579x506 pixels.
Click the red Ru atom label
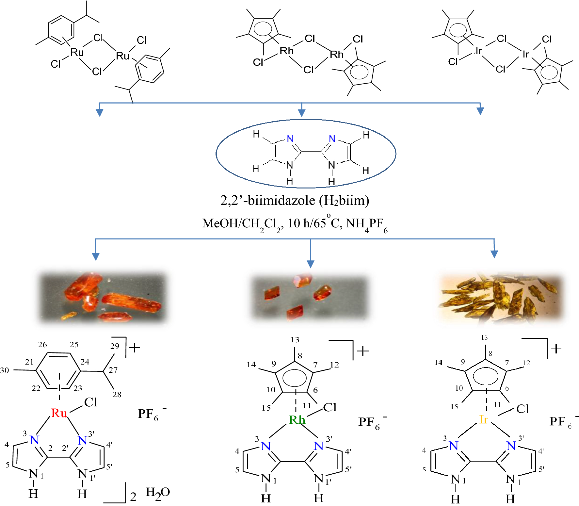pyautogui.click(x=59, y=413)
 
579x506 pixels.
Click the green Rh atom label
pyautogui.click(x=297, y=420)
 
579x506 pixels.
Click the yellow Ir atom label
pyautogui.click(x=483, y=419)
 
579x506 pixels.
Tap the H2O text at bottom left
pyautogui.click(x=158, y=493)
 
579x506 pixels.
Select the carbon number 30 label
pyautogui.click(x=5, y=370)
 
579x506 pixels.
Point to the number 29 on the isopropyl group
pyautogui.click(x=115, y=346)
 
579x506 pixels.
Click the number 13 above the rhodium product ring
pyautogui.click(x=295, y=340)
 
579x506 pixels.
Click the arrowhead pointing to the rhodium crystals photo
pyautogui.click(x=311, y=264)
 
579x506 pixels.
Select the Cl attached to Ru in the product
pyautogui.click(x=90, y=402)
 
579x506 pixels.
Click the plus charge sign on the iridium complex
pyautogui.click(x=556, y=349)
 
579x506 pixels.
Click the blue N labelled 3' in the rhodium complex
pyautogui.click(x=318, y=446)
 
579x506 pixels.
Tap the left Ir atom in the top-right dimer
pyautogui.click(x=479, y=51)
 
